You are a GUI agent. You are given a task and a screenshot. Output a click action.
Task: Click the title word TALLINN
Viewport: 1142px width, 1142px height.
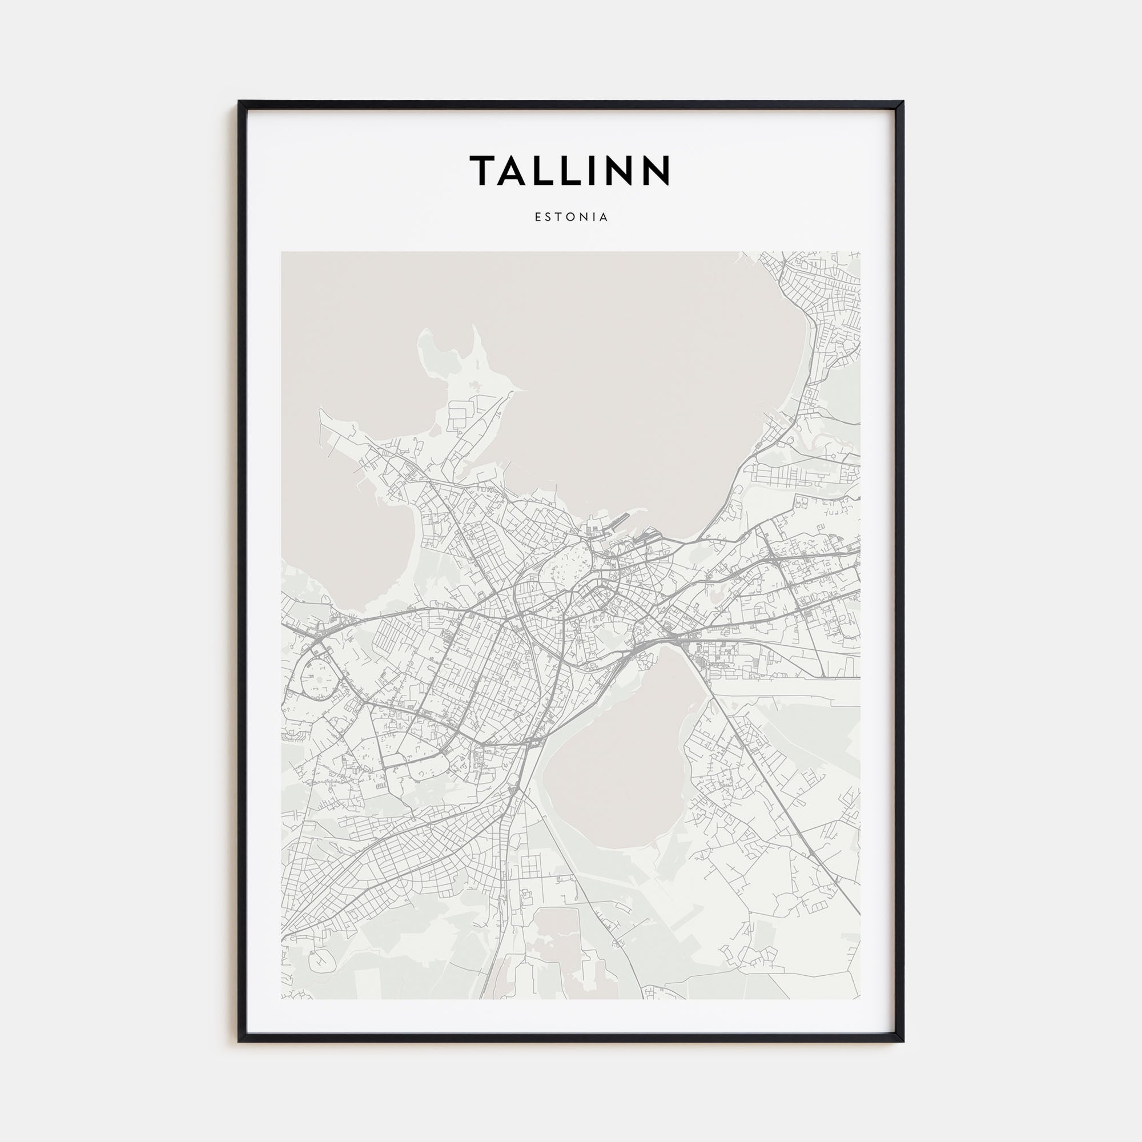click(x=570, y=170)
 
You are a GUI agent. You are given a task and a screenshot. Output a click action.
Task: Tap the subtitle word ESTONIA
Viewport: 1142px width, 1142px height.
click(x=571, y=217)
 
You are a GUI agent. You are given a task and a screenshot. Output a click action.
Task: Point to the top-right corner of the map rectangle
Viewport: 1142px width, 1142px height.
click(x=860, y=252)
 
